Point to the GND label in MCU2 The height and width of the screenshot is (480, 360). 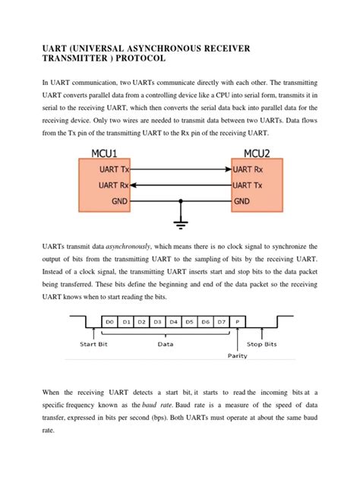242,201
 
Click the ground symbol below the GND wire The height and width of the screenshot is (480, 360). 180,223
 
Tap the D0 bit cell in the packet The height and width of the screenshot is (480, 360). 110,322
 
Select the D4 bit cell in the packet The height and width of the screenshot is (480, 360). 174,322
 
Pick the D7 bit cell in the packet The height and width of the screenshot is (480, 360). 221,322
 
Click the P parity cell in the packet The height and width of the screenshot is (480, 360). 238,322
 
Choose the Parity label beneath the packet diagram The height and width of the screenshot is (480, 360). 238,355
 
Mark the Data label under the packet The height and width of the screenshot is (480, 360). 165,344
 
